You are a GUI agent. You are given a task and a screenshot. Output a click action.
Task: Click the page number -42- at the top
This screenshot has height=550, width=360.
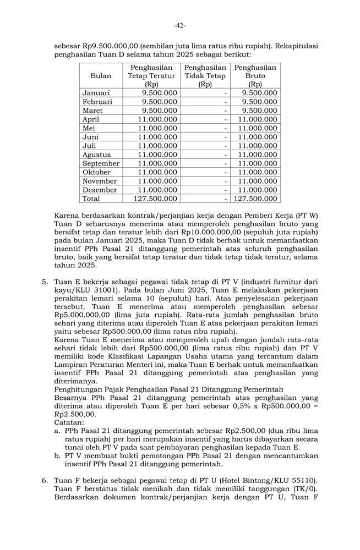pos(180,25)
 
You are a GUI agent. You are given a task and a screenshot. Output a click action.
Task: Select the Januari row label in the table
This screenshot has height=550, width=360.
pos(96,93)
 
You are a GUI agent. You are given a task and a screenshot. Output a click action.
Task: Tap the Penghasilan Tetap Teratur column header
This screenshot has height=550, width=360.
pos(151,76)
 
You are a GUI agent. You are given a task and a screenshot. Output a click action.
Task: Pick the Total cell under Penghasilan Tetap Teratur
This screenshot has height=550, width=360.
pos(155,199)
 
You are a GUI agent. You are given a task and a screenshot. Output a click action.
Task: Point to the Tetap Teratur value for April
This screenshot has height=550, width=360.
pos(157,119)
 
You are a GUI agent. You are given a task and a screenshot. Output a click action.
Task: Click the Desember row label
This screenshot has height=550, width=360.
pos(100,190)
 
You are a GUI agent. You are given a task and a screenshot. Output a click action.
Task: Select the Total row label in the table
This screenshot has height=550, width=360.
pos(91,199)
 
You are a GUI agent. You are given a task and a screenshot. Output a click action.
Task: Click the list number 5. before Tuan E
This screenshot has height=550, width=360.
pos(45,282)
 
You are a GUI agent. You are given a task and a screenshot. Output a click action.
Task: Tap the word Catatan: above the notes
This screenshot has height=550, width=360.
pos(69,422)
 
